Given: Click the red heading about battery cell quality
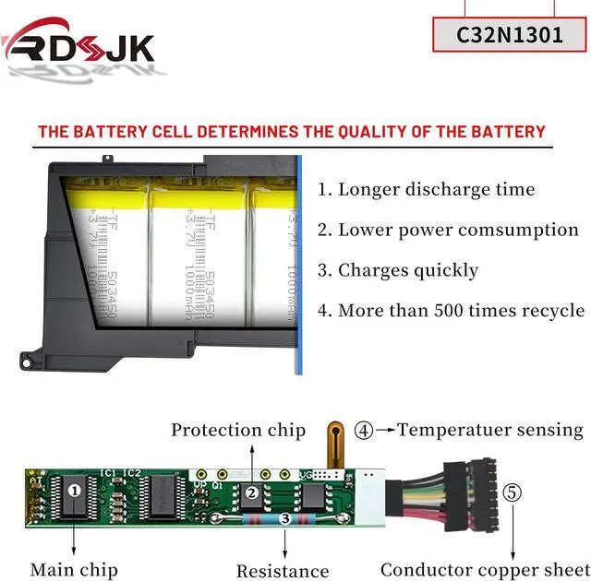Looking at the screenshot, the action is (x=292, y=131).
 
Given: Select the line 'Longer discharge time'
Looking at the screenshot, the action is (x=426, y=190).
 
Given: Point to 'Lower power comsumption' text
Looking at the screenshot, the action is (x=448, y=231).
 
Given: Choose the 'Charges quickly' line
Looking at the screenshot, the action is (x=398, y=270).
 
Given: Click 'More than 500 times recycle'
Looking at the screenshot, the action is (x=451, y=311).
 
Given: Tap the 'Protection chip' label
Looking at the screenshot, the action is (x=237, y=430).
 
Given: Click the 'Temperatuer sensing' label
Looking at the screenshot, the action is (x=490, y=430).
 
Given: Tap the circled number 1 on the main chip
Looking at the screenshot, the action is (x=73, y=490).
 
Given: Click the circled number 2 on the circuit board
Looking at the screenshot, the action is (x=251, y=492).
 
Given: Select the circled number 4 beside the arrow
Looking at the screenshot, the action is (x=365, y=430).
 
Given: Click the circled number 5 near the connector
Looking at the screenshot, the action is (x=513, y=492).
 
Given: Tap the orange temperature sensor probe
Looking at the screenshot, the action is (x=337, y=443).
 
